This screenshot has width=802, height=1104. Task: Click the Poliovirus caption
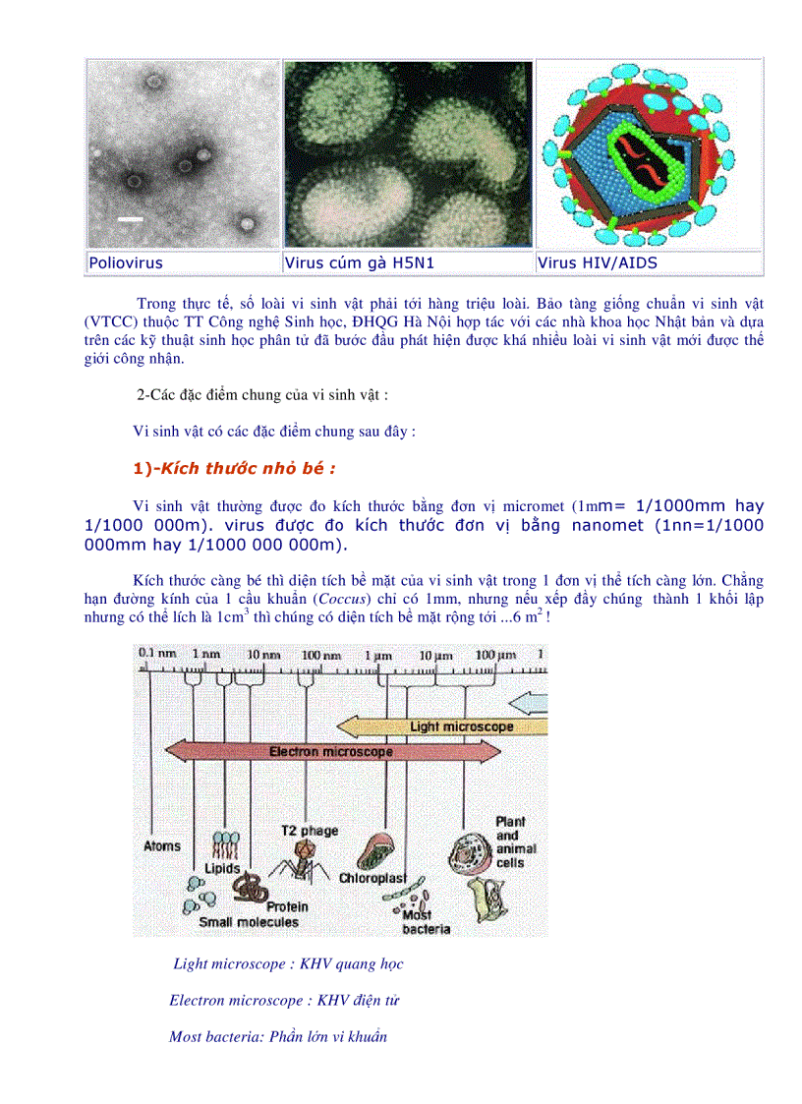coord(126,263)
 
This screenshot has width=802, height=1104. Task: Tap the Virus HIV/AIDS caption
coord(598,263)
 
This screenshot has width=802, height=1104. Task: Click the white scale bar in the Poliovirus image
coord(131,218)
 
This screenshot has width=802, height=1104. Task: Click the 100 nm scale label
coord(321,654)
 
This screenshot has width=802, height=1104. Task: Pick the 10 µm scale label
coord(434,654)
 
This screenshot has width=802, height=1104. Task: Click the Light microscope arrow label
coord(461,726)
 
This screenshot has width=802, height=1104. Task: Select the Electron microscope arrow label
coord(331,751)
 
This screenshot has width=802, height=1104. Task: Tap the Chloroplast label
coord(374,877)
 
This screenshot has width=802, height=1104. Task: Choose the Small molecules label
coord(249,922)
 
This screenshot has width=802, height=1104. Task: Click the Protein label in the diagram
coord(287,906)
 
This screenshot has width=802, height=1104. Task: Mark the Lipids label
coord(222,869)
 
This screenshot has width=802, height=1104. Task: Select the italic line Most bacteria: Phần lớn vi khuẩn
coord(278,1036)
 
